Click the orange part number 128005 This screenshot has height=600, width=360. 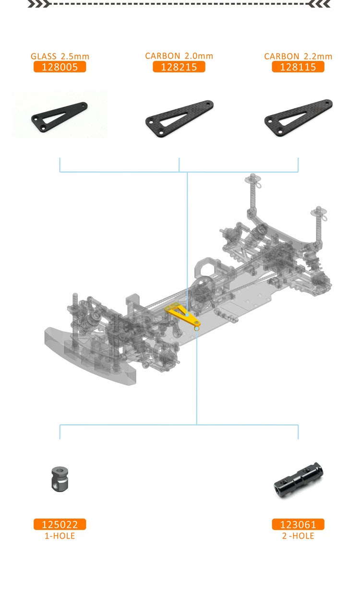tap(60, 67)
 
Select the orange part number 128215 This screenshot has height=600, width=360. tap(179, 67)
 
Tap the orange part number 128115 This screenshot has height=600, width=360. tap(298, 67)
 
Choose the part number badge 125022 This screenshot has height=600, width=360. tap(60, 525)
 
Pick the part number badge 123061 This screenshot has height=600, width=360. tap(298, 525)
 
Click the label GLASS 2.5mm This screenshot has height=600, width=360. tap(60, 56)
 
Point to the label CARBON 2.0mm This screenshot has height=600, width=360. tap(179, 56)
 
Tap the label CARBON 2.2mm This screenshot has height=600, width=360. tap(298, 56)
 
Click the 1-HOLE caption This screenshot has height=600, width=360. tap(60, 536)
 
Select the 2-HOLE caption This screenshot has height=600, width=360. tap(298, 536)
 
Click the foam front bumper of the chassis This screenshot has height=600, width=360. tap(91, 355)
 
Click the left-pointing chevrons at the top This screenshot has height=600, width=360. tap(319, 4)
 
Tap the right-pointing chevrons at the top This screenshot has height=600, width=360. tap(38, 4)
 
